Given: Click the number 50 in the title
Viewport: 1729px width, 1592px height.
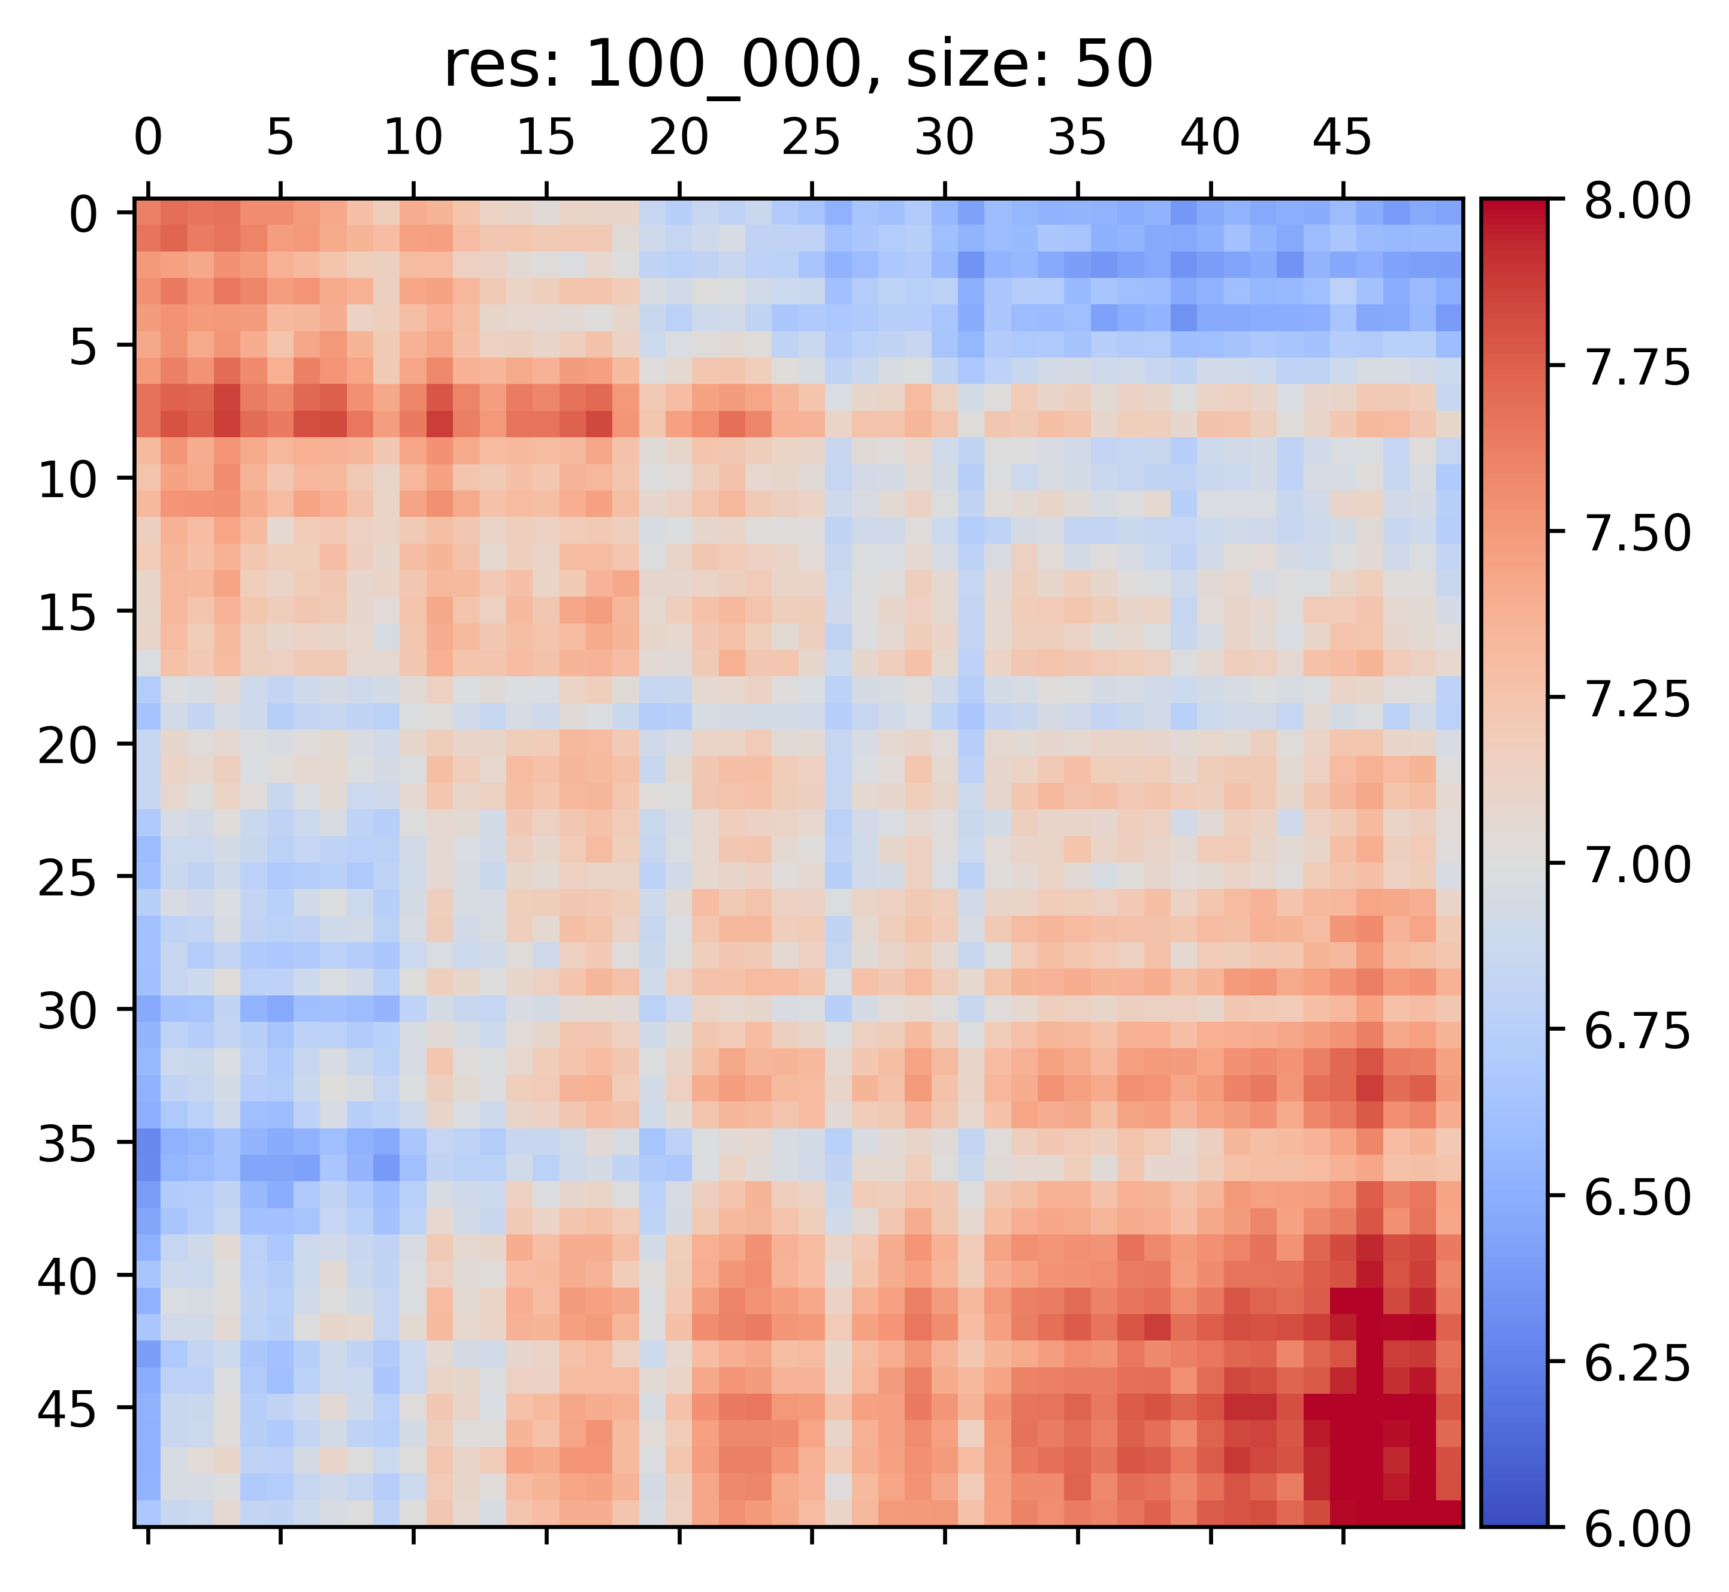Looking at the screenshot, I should pyautogui.click(x=1118, y=67).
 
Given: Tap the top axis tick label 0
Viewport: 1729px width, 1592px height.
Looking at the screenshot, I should pyautogui.click(x=148, y=138).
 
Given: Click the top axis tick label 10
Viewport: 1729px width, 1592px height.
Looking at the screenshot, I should pyautogui.click(x=413, y=138).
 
